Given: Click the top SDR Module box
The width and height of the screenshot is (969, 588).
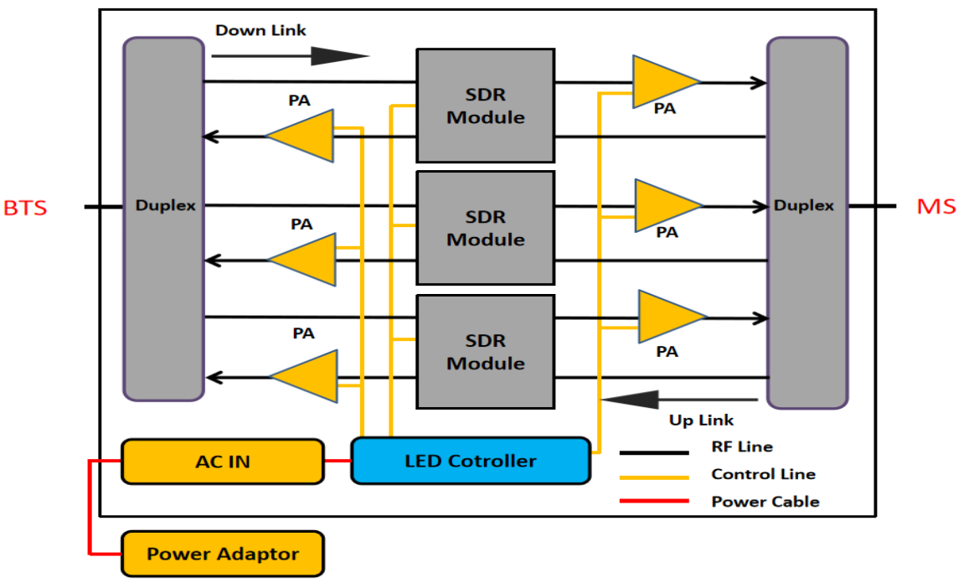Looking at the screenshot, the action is (485, 106).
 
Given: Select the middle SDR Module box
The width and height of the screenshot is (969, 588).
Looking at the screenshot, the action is (485, 228).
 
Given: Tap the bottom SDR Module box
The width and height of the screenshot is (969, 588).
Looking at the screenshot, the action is (485, 352).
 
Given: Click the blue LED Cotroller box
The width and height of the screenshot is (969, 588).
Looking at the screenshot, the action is (471, 461).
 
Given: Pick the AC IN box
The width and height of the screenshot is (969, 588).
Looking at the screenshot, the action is (223, 462).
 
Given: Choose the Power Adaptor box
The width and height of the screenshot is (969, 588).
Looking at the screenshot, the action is (223, 554).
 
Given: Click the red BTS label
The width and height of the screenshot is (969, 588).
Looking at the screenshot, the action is (25, 208).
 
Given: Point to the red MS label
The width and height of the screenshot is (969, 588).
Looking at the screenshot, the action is (936, 207).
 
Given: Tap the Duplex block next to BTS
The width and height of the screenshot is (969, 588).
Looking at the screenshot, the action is (164, 219).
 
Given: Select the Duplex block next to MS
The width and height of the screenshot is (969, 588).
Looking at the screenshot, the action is (807, 223).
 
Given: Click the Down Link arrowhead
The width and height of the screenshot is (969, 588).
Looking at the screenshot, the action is (340, 56).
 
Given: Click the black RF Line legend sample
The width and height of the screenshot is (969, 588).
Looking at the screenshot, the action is (654, 452).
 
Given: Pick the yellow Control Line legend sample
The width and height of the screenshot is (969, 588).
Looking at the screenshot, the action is (654, 477).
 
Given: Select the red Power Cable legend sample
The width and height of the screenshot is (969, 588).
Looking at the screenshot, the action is (654, 501).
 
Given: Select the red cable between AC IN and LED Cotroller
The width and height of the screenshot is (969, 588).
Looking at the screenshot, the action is (338, 461).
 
